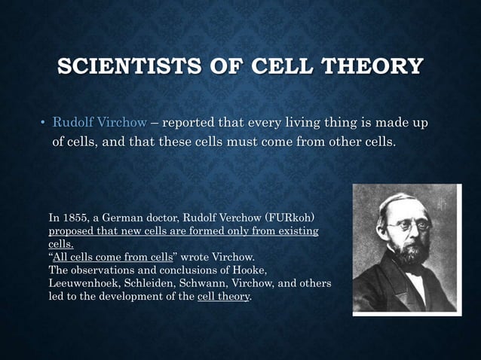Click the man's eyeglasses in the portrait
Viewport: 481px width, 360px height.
408,224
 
